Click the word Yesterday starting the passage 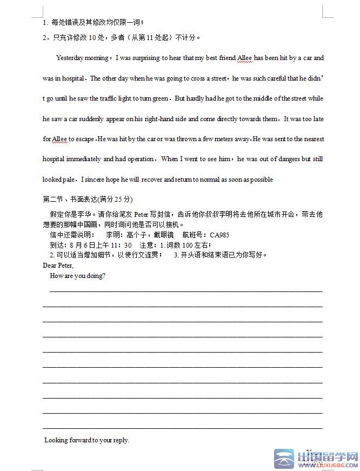point(70,58)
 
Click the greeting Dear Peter point(58,266)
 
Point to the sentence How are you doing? point(77,276)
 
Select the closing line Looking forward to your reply point(86,440)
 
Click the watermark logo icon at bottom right point(284,459)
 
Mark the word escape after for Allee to point(85,139)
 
